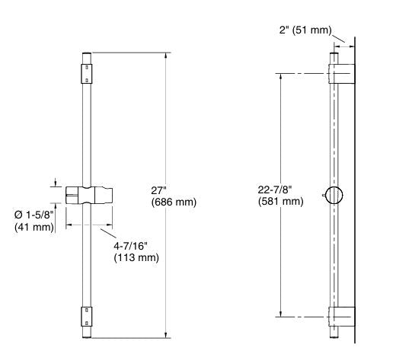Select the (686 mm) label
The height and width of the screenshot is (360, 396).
coord(174,202)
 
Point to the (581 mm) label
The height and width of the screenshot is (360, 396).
coord(281,202)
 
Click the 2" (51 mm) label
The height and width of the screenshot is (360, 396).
coord(305,30)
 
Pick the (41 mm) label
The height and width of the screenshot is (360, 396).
coord(34,227)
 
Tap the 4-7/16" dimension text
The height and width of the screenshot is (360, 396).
coord(133,246)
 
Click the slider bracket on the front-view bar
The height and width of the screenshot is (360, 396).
coord(88,194)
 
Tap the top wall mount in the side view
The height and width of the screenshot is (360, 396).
coord(342,73)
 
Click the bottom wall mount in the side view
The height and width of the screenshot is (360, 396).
coord(342,316)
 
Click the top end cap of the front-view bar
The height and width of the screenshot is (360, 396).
coord(88,56)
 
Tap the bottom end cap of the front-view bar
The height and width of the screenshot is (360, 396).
coord(88,333)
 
